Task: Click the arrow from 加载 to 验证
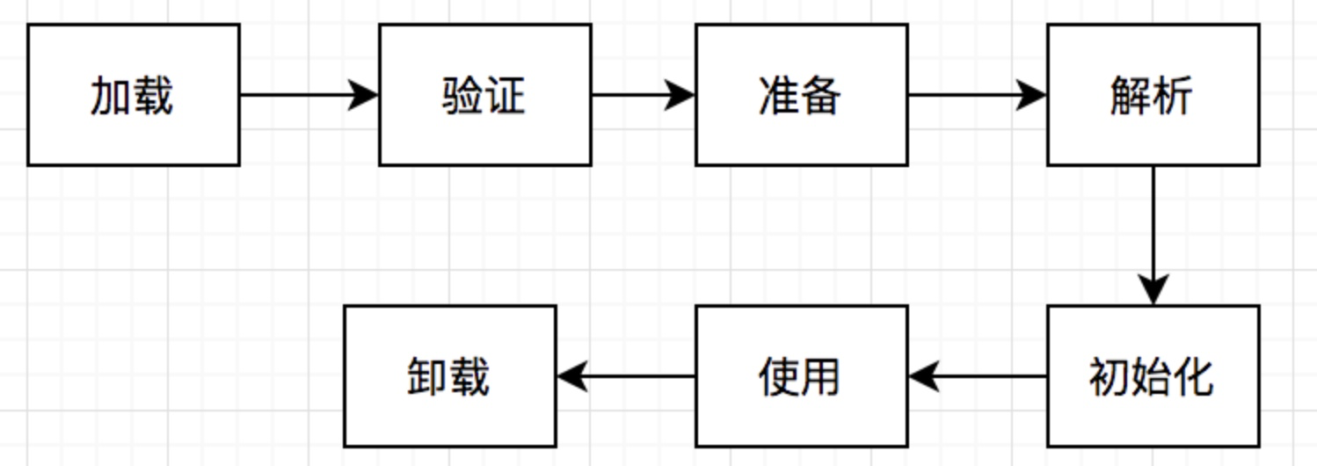tap(308, 95)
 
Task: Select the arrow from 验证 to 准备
tap(642, 95)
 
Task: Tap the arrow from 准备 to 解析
tap(976, 95)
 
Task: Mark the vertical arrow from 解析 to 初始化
tap(1153, 233)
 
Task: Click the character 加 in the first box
tap(111, 96)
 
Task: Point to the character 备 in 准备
tap(821, 96)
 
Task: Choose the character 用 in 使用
tap(821, 377)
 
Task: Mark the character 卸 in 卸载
tap(427, 377)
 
